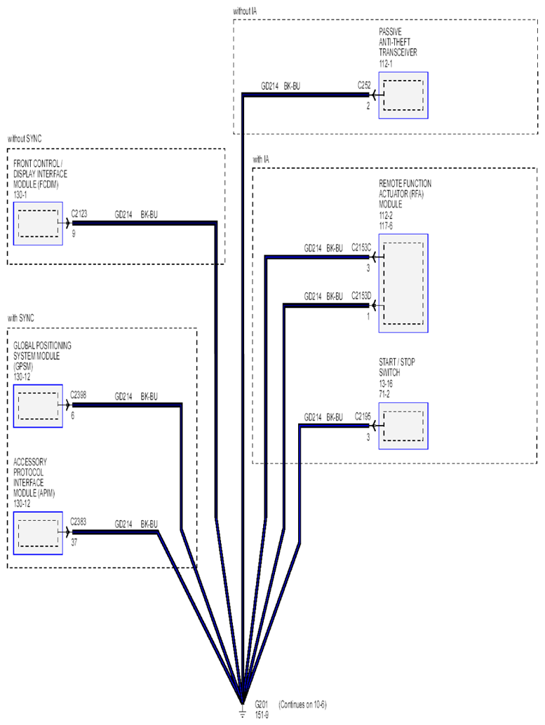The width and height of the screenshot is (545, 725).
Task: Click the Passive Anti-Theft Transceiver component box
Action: coord(403,95)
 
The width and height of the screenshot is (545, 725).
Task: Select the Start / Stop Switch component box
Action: coord(403,426)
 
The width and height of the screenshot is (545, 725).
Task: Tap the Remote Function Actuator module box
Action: coord(403,283)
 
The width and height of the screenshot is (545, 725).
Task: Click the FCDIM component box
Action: coord(38,224)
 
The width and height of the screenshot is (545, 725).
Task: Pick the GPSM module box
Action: coord(38,406)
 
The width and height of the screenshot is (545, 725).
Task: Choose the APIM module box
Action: coord(38,533)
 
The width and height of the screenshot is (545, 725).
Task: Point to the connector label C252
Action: coord(364,86)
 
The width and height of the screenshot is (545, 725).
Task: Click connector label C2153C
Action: coord(361,248)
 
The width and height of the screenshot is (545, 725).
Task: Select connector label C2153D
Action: coord(361,295)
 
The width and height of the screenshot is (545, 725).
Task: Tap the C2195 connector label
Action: coord(363,416)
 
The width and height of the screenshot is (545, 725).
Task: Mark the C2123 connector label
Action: coord(79,214)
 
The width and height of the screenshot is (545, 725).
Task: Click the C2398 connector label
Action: coord(78,395)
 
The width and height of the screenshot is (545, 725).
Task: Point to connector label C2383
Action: coord(78,522)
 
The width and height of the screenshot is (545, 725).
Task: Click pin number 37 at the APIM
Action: coord(74,543)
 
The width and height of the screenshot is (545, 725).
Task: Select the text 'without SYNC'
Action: coord(25,139)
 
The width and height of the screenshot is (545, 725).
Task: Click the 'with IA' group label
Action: coord(261,160)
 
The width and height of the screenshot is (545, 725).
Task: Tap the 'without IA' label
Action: coord(245,11)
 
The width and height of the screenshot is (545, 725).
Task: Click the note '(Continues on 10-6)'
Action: coord(302,705)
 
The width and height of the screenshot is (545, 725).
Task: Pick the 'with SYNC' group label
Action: coord(21,318)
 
